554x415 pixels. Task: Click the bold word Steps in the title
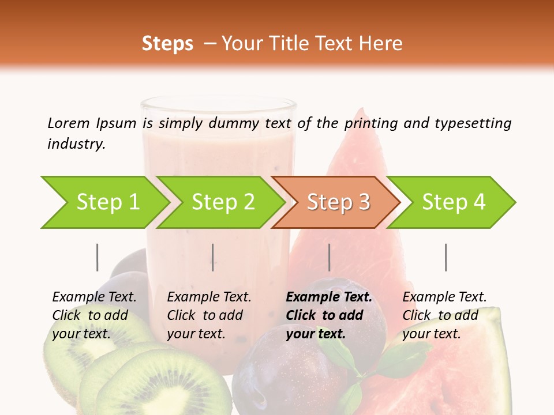click(167, 44)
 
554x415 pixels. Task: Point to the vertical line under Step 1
click(97, 257)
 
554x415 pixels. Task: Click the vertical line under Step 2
click(213, 257)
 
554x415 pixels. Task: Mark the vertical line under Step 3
click(329, 257)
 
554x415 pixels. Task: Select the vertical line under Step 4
click(446, 257)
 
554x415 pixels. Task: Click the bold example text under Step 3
click(328, 315)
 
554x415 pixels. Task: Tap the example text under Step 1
click(94, 315)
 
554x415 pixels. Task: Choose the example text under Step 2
click(209, 315)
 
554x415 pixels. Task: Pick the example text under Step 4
click(444, 315)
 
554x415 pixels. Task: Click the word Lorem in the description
click(69, 123)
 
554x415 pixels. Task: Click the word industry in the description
click(76, 144)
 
